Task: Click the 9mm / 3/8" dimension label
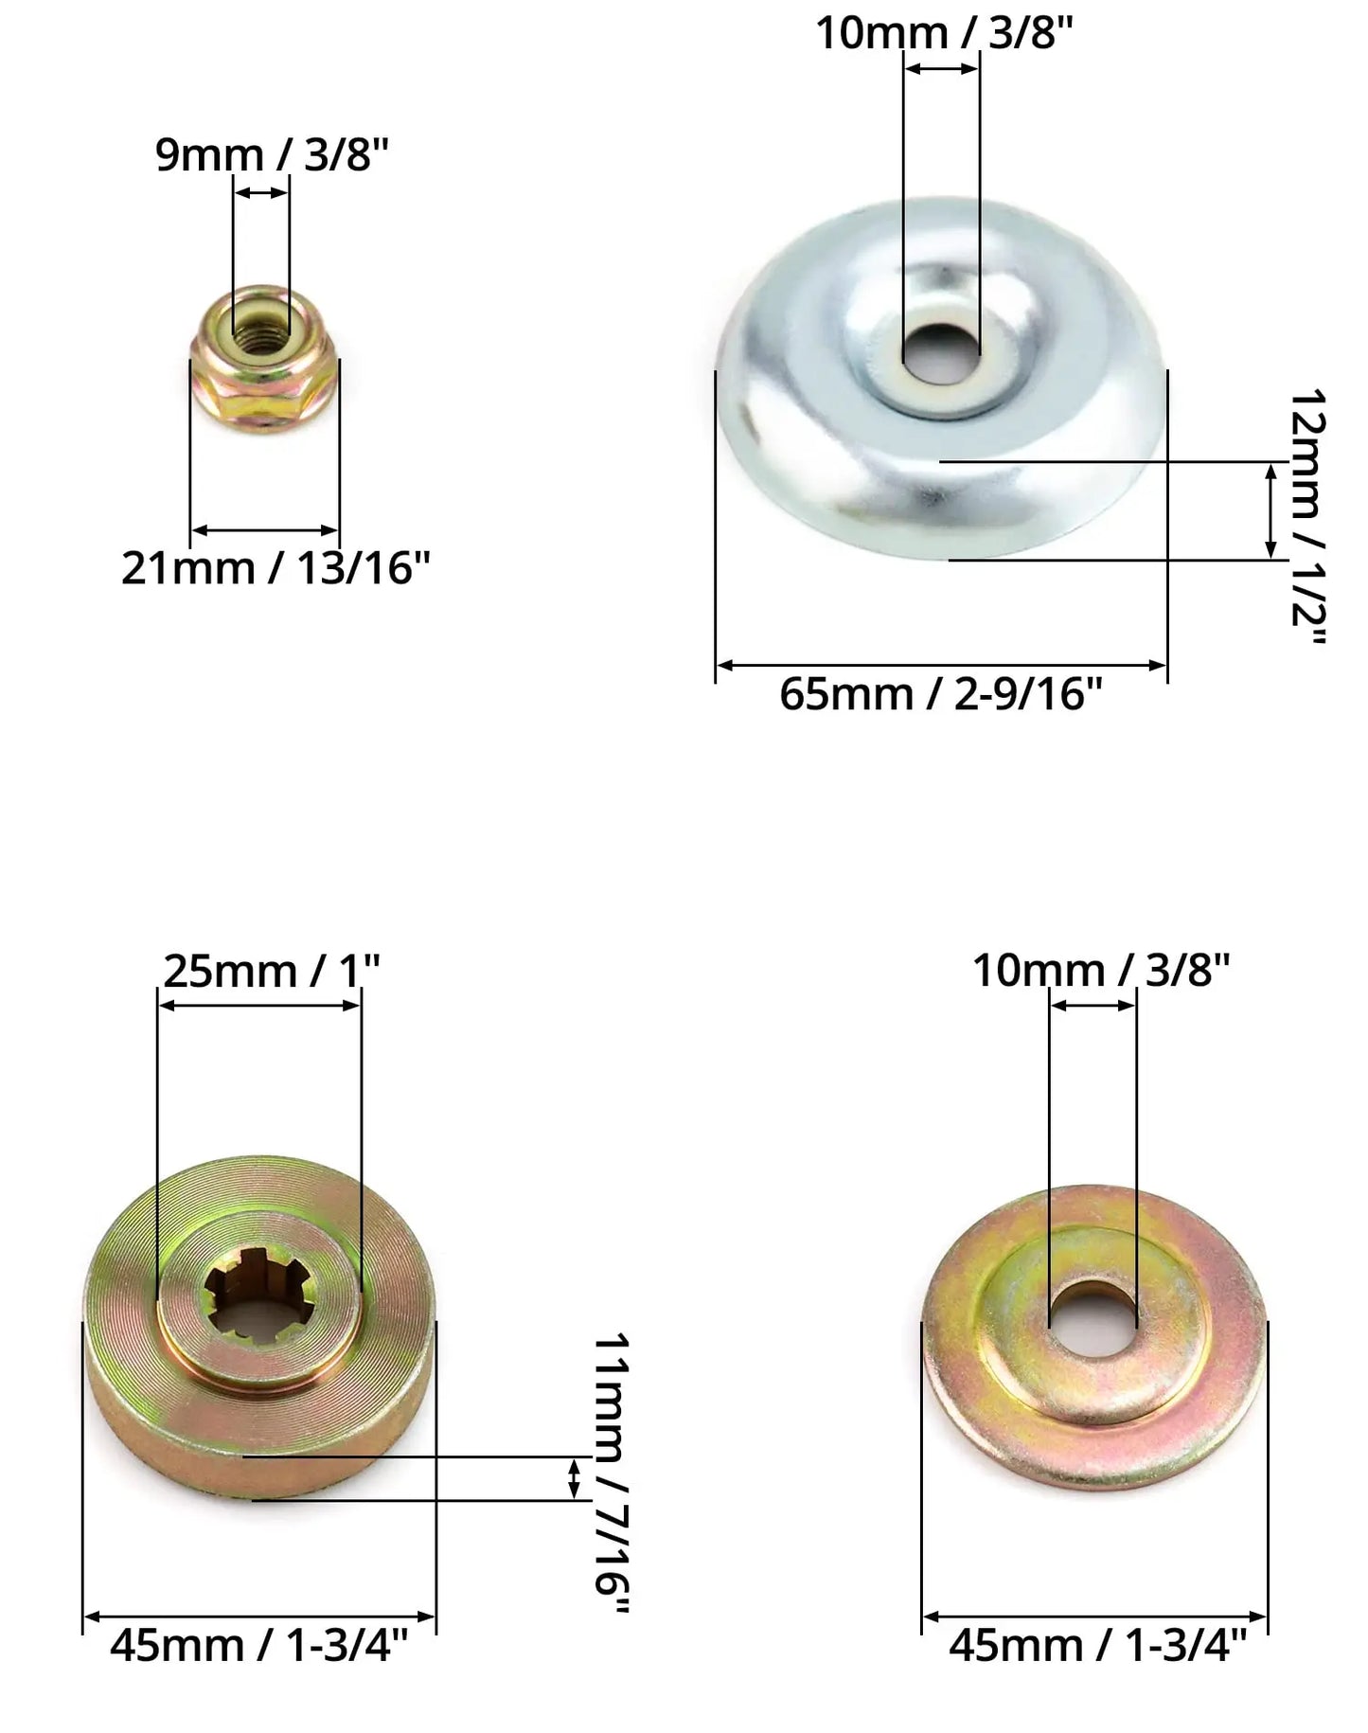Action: pyautogui.click(x=273, y=155)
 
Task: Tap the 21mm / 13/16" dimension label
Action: pyautogui.click(x=275, y=569)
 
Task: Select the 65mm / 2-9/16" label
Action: pyautogui.click(x=941, y=694)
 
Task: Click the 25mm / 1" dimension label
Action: pyautogui.click(x=272, y=971)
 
